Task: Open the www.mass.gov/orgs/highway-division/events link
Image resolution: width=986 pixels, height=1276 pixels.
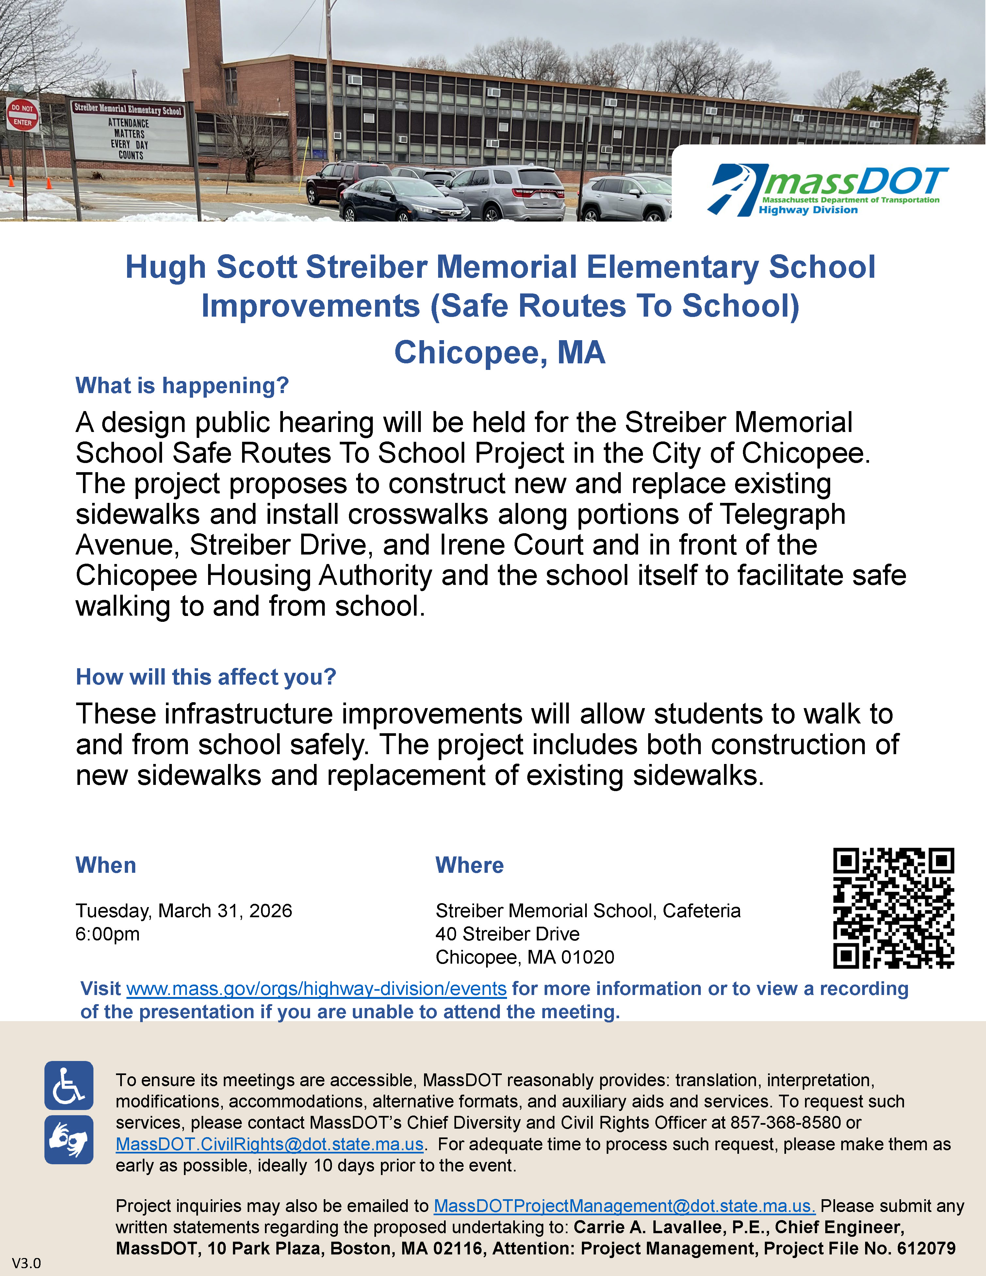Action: tap(316, 988)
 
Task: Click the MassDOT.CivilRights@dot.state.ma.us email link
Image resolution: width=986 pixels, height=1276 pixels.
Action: tap(269, 1144)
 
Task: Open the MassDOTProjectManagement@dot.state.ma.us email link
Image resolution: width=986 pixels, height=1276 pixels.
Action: tap(624, 1206)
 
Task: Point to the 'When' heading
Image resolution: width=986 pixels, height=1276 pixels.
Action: tap(106, 865)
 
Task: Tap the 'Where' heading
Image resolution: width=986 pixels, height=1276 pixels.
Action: tap(469, 865)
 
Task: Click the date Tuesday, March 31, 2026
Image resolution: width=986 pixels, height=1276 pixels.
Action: tap(183, 911)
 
